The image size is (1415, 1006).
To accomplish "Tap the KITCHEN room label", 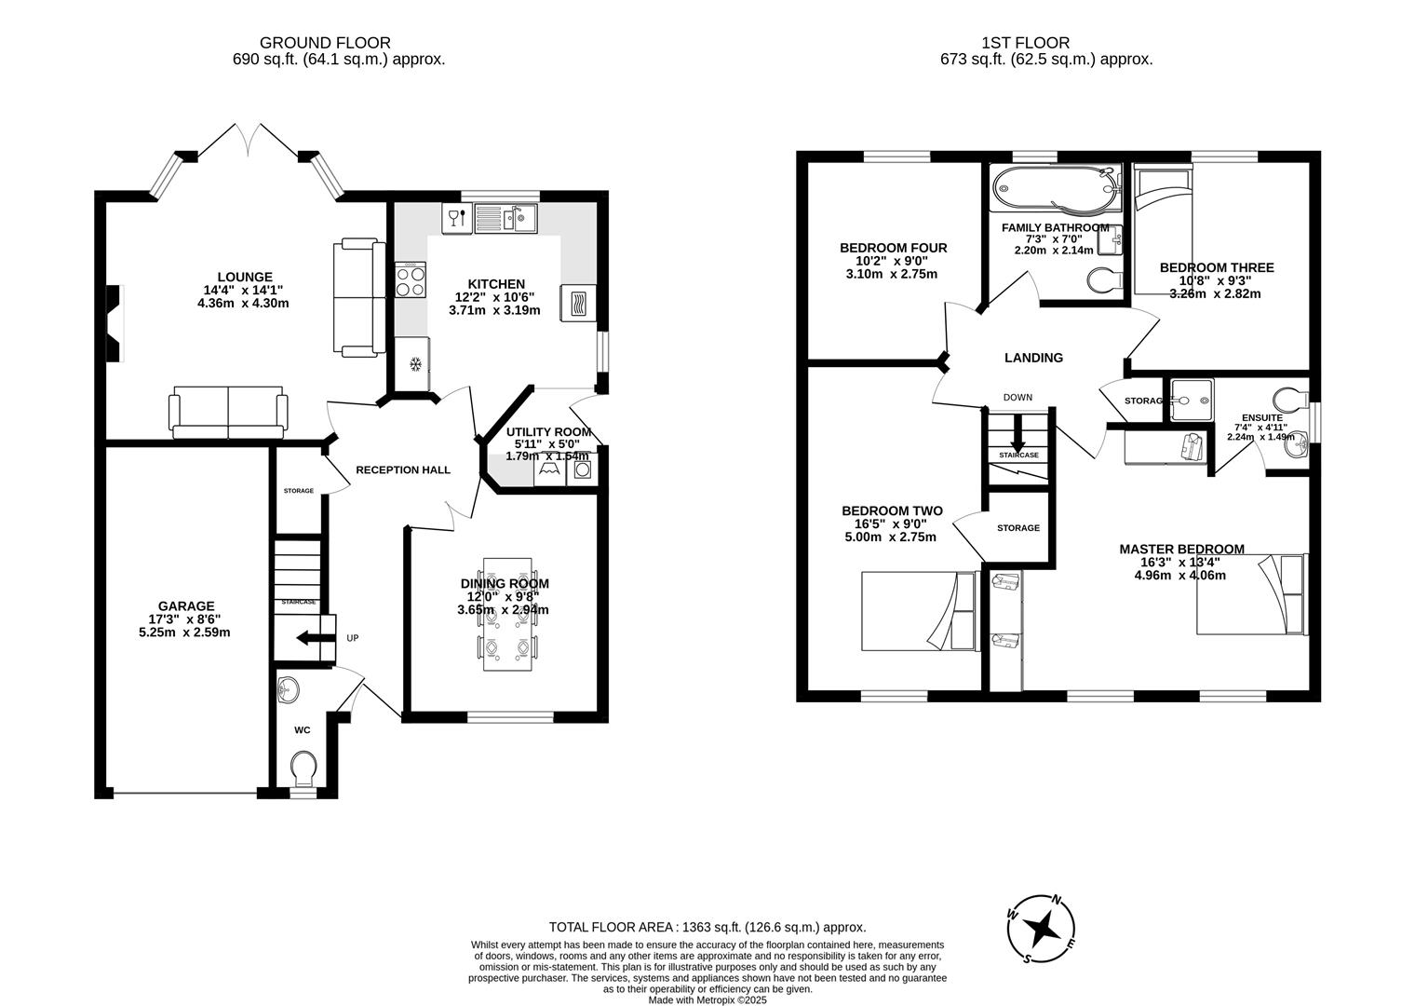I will click(495, 284).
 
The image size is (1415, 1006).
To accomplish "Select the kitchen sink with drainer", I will click(504, 219).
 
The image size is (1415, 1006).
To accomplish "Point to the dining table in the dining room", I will click(507, 616).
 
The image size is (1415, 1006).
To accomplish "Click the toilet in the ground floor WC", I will click(303, 769).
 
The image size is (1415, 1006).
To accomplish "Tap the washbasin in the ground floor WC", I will click(290, 689).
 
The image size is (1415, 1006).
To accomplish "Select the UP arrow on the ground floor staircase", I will click(308, 638).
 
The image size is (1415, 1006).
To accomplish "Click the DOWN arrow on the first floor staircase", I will click(1017, 431).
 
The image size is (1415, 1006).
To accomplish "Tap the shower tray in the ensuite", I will click(1189, 401).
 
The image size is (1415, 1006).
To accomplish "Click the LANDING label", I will click(1033, 358).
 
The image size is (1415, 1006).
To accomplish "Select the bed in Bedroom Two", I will click(918, 611).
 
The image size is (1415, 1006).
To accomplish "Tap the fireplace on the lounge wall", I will click(114, 322).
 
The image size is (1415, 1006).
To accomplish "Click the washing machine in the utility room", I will click(582, 470).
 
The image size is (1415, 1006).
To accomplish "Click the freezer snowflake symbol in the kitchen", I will click(416, 362).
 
